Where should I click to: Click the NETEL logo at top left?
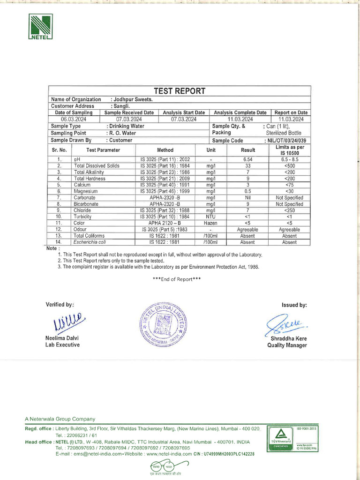(x=41, y=27)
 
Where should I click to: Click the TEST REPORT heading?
(x=180, y=91)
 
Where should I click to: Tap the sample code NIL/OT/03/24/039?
(x=286, y=140)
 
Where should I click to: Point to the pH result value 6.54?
(x=247, y=159)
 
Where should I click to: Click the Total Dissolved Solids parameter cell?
(x=97, y=166)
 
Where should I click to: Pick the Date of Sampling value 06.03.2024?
(x=74, y=119)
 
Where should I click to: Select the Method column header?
(x=165, y=150)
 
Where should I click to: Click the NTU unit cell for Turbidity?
(x=210, y=217)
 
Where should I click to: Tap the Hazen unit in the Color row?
(x=210, y=223)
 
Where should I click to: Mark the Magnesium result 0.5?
(x=247, y=191)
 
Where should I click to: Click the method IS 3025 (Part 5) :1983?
(x=165, y=230)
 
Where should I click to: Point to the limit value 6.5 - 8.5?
(x=289, y=159)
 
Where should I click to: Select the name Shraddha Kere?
(x=286, y=338)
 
